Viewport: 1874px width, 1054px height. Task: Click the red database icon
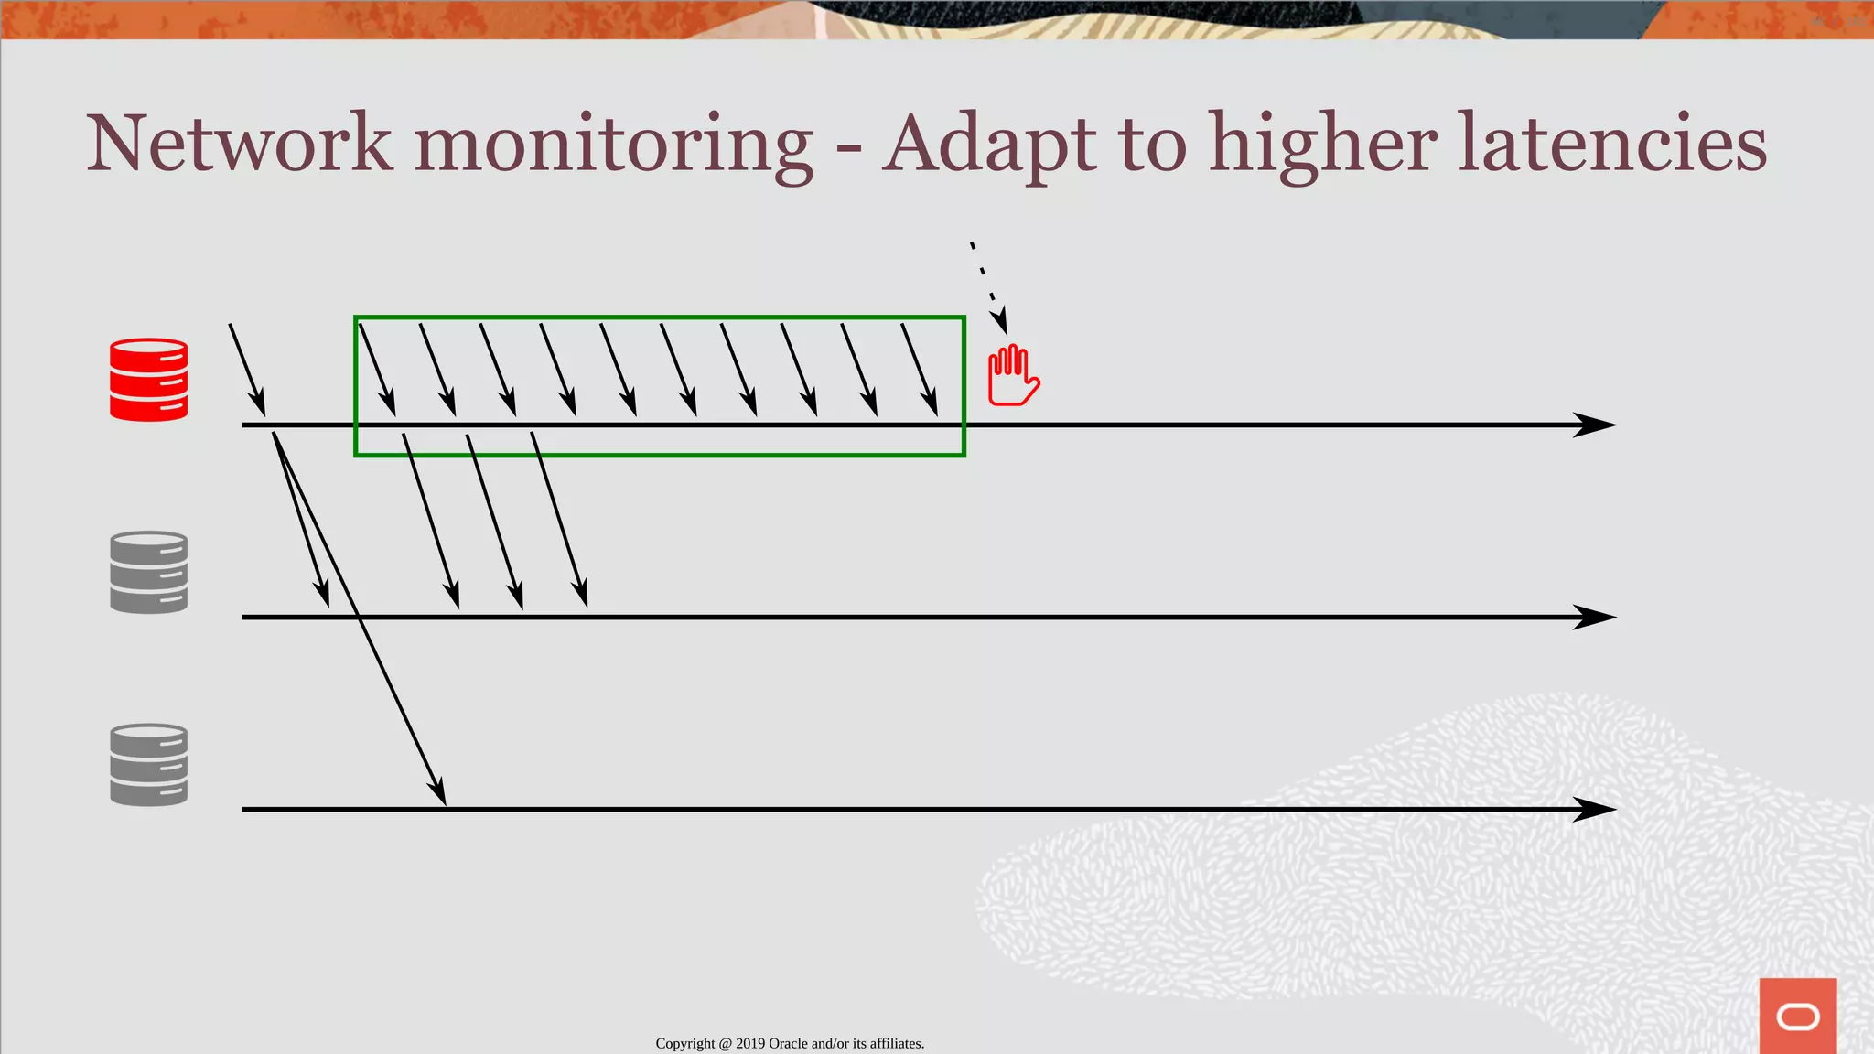pyautogui.click(x=148, y=380)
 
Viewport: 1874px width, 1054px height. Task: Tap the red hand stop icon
pyautogui.click(x=1013, y=375)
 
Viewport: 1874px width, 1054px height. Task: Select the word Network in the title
pyautogui.click(x=239, y=144)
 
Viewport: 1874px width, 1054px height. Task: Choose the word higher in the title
pyautogui.click(x=1322, y=144)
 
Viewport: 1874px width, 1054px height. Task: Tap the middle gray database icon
pyautogui.click(x=148, y=572)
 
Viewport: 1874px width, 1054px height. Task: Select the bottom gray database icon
pyautogui.click(x=148, y=765)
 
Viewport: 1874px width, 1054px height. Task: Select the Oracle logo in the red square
pyautogui.click(x=1798, y=1016)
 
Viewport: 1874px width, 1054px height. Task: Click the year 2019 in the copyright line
pyautogui.click(x=750, y=1044)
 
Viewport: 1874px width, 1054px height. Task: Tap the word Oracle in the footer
pyautogui.click(x=788, y=1044)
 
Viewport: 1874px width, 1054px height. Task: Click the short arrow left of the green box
pyautogui.click(x=247, y=370)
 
